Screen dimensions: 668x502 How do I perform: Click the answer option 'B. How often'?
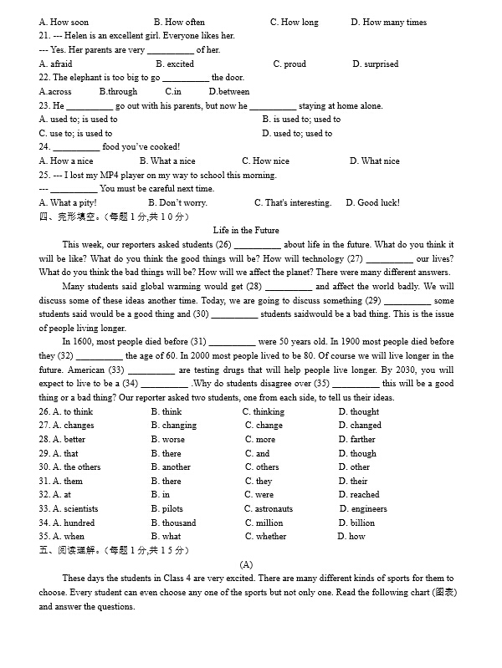[x=179, y=22]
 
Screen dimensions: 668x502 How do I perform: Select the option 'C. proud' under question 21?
[x=289, y=64]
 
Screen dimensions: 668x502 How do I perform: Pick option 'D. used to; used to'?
[x=297, y=134]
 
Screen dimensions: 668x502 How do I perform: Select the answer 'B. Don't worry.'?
[x=177, y=203]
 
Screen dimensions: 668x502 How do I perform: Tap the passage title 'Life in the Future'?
[x=246, y=231]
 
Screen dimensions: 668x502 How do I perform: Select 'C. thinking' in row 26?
[x=264, y=412]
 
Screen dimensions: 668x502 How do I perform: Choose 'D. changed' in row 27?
[x=360, y=426]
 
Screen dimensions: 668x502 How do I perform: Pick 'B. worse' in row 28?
[x=168, y=440]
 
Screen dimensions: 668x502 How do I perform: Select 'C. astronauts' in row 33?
[x=269, y=509]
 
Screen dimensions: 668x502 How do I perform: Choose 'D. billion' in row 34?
[x=357, y=523]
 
